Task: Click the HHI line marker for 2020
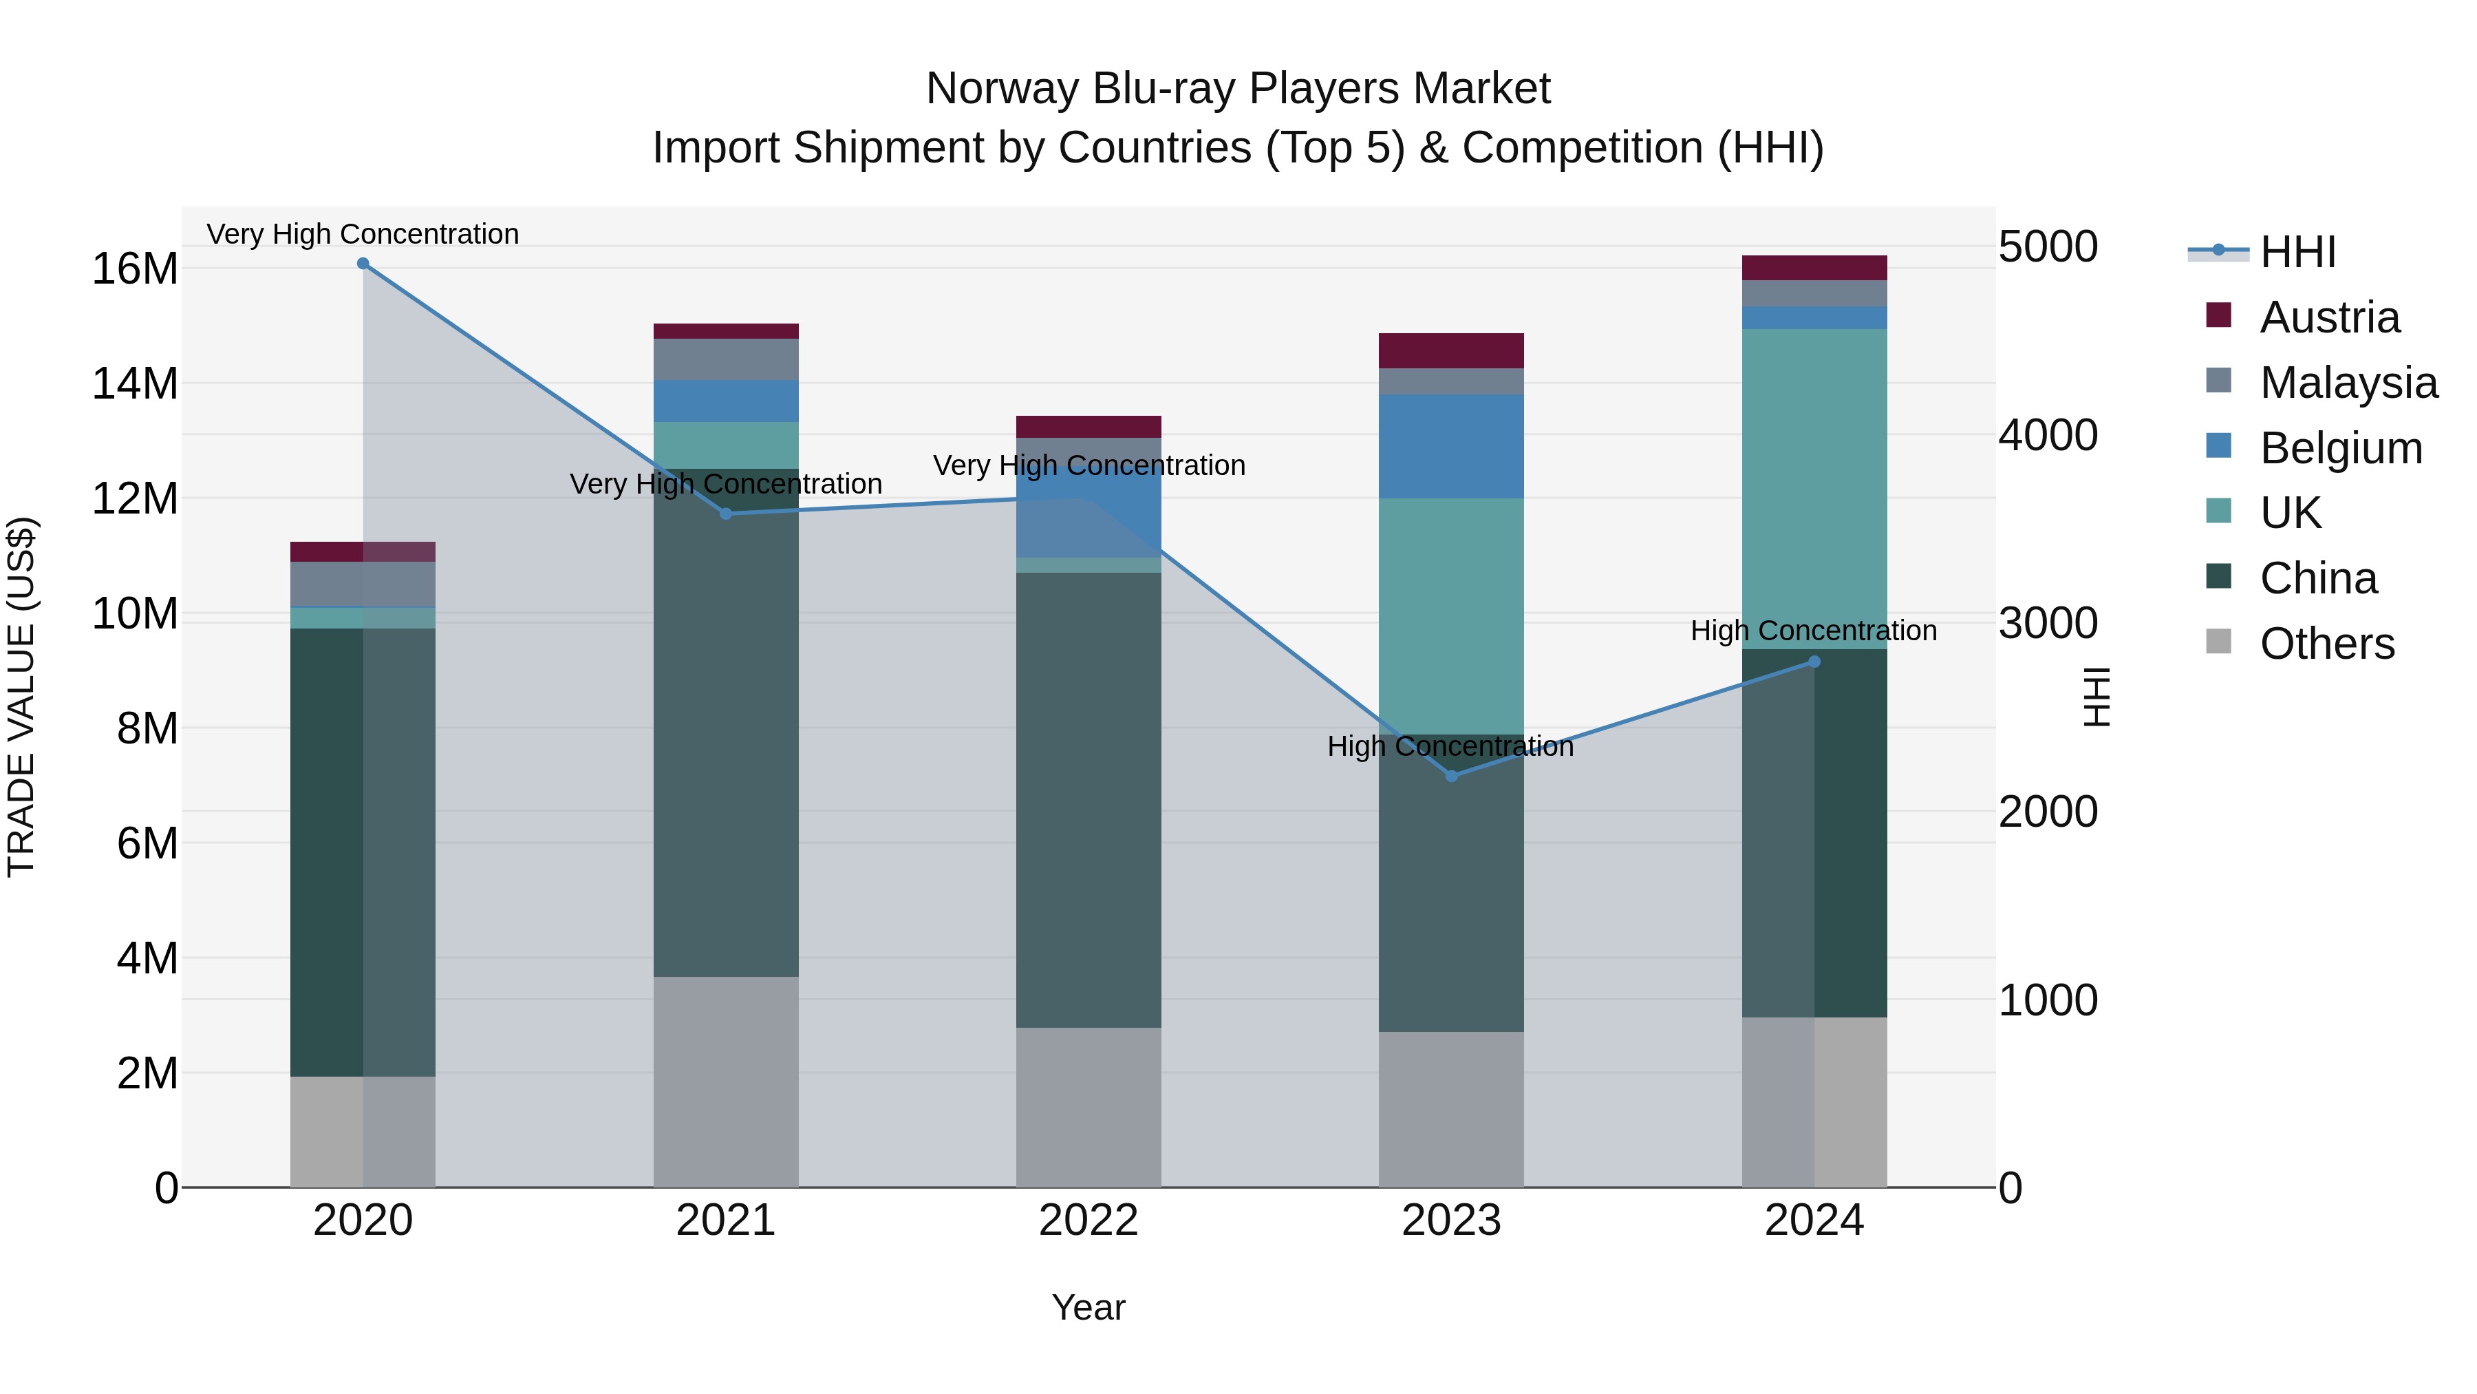point(363,264)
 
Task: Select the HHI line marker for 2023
point(1451,775)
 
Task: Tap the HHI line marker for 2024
point(1814,662)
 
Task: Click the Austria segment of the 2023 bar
point(1451,351)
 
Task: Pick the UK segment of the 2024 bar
point(1814,489)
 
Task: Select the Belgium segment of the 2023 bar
point(1451,446)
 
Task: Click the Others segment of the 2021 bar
point(726,1081)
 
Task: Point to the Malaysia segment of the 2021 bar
point(726,360)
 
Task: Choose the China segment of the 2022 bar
point(1089,801)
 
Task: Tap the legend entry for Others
point(2326,644)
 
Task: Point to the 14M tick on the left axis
point(135,384)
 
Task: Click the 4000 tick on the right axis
point(2047,435)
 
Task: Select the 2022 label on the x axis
point(1089,1221)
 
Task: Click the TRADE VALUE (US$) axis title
point(21,697)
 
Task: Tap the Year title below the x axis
point(1089,1307)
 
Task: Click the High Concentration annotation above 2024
point(1814,631)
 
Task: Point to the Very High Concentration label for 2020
point(363,235)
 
